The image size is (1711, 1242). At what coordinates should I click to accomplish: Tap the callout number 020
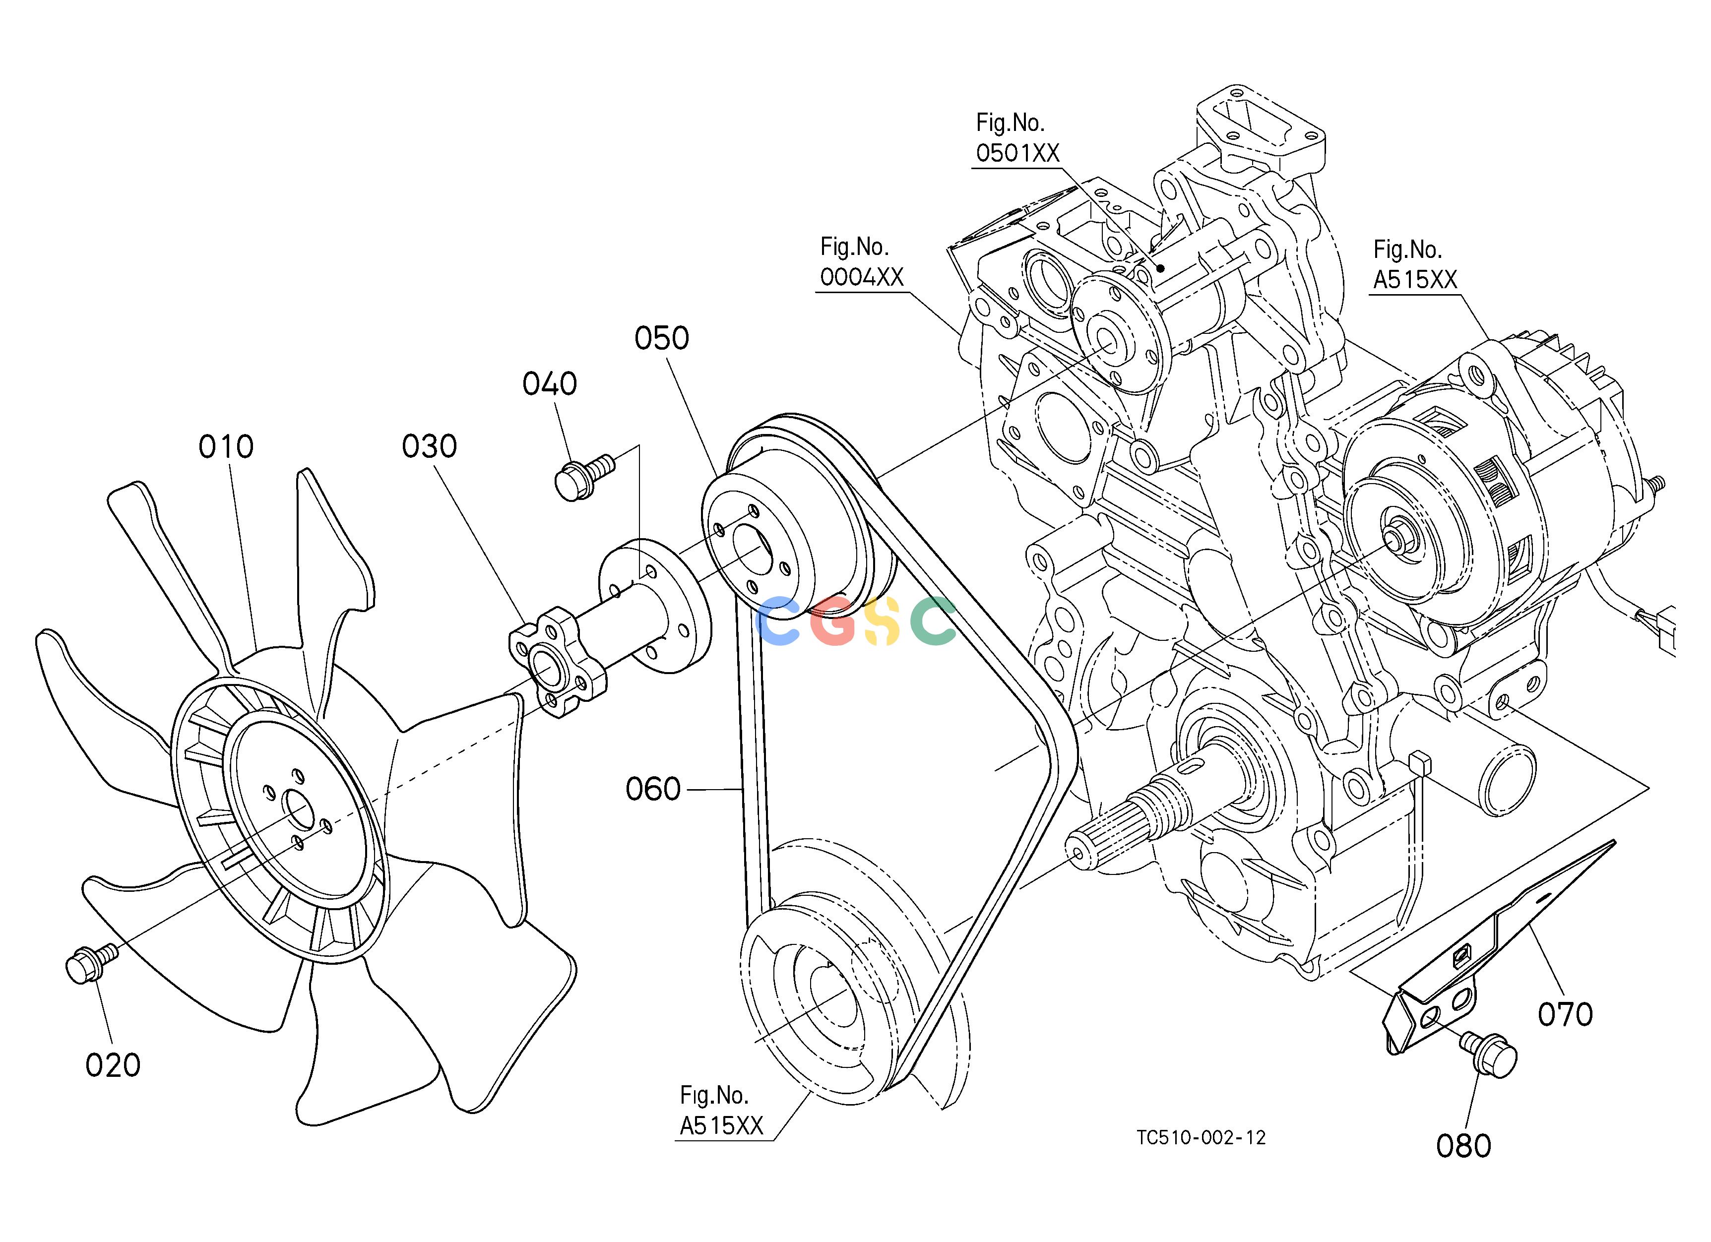pyautogui.click(x=113, y=1065)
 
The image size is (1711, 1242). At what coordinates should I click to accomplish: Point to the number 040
pyautogui.click(x=550, y=384)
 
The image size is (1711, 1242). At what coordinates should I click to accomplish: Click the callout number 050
pyautogui.click(x=662, y=339)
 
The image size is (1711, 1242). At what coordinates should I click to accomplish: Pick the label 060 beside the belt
pyautogui.click(x=653, y=790)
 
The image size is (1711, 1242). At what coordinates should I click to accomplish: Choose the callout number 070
pyautogui.click(x=1566, y=1014)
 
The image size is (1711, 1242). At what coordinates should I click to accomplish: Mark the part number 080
pyautogui.click(x=1463, y=1146)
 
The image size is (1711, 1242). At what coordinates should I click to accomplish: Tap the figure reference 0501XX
pyautogui.click(x=1017, y=153)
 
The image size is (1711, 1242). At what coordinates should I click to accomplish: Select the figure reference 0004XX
pyautogui.click(x=862, y=277)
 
